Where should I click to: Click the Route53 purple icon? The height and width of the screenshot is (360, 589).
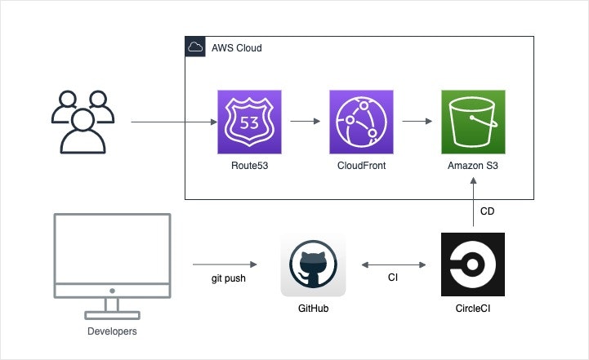(x=249, y=122)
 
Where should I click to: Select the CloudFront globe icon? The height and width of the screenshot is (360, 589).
(x=361, y=122)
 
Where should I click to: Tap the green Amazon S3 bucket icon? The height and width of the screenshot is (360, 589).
(x=473, y=122)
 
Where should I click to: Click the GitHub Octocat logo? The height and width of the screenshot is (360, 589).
(x=312, y=264)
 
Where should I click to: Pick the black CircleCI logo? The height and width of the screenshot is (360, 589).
(x=472, y=264)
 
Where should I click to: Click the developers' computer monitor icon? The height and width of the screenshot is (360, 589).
(x=112, y=263)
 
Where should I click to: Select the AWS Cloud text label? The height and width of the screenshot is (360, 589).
(x=237, y=48)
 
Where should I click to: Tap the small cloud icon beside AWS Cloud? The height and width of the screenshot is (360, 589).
(x=195, y=47)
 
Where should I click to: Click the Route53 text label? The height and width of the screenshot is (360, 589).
(x=249, y=166)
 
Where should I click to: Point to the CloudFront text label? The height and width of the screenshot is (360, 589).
(x=361, y=166)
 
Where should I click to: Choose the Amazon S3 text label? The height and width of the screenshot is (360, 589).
(x=473, y=166)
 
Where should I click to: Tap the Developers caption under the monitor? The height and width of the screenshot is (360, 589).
(x=112, y=331)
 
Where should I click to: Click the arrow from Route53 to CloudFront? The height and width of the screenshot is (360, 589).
(x=305, y=122)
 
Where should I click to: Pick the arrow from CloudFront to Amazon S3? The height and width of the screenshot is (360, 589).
(x=417, y=122)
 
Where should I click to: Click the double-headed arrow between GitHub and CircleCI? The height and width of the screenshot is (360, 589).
(x=394, y=264)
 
